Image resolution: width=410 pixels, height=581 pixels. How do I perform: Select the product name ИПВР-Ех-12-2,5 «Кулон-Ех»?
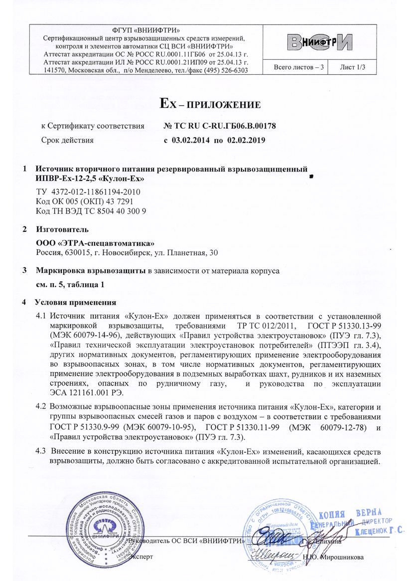[90, 178]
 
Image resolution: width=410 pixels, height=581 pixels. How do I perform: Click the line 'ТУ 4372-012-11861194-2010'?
[88, 192]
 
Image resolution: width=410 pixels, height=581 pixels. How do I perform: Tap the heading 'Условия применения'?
[75, 303]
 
